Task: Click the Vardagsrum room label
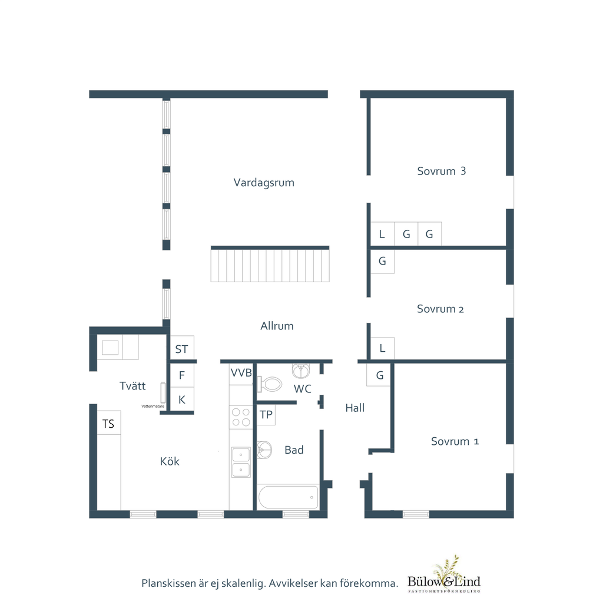pos(264,183)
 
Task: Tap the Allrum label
pos(277,326)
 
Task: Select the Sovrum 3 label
pos(441,171)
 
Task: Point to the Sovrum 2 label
pos(440,309)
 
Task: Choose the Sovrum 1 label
pos(455,441)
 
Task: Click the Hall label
pos(355,408)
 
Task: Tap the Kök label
pos(170,461)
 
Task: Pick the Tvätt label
pos(132,386)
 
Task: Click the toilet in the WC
pos(269,384)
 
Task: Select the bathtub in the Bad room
pos(289,497)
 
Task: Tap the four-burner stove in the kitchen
pos(241,417)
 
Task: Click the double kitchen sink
pos(241,463)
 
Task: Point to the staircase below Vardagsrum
pos(270,264)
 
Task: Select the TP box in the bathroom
pos(266,415)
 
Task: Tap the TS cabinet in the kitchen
pos(109,423)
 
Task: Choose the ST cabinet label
pos(181,349)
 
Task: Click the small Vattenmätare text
pos(153,407)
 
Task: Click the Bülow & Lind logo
pos(444,575)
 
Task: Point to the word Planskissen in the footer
pos(168,583)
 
